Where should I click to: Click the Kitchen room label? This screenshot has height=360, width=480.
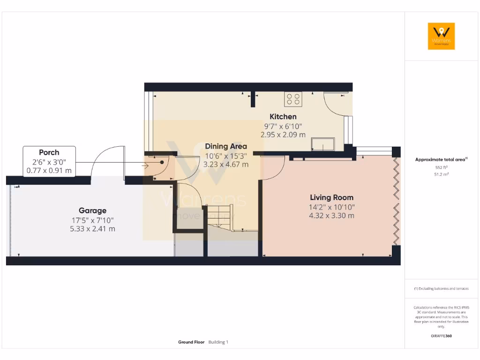[283, 116]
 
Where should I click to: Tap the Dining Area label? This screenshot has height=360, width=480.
[226, 146]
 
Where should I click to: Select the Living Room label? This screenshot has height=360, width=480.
[331, 197]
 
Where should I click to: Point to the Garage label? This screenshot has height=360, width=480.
[92, 211]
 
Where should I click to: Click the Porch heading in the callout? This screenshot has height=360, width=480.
[49, 152]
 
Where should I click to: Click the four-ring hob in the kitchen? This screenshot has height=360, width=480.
[293, 99]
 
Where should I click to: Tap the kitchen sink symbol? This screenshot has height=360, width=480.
[324, 144]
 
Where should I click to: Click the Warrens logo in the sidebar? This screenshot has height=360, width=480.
[441, 36]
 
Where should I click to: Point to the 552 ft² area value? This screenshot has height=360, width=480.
[441, 167]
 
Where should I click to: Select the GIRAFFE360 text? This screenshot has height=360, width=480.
[441, 336]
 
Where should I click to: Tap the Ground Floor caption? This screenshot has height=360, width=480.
[191, 342]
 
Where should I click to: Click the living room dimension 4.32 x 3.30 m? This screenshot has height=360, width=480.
[331, 216]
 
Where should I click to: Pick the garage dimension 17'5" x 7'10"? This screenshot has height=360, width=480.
[92, 220]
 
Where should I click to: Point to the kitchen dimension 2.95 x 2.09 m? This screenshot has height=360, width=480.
[283, 135]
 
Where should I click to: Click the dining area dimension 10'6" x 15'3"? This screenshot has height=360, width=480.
[226, 156]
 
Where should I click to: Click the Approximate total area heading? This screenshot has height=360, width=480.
[441, 160]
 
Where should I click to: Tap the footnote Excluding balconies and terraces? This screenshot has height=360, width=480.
[441, 289]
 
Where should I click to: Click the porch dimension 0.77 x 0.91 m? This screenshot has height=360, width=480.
[49, 171]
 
